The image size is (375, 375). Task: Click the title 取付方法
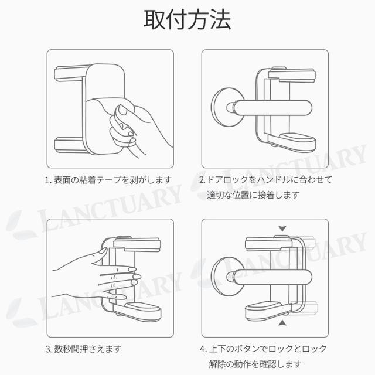(187, 19)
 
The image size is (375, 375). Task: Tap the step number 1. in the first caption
(49, 180)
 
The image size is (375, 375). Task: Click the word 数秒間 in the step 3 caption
(67, 349)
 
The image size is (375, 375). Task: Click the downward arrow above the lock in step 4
(282, 229)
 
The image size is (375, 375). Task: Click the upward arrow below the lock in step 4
(282, 323)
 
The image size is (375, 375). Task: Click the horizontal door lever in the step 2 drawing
(270, 108)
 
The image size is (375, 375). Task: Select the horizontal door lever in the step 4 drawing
(270, 277)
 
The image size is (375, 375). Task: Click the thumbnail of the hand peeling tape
(110, 109)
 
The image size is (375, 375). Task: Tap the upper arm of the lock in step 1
(70, 74)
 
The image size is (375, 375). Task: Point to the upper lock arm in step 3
(137, 244)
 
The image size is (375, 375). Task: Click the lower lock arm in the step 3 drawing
(137, 311)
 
